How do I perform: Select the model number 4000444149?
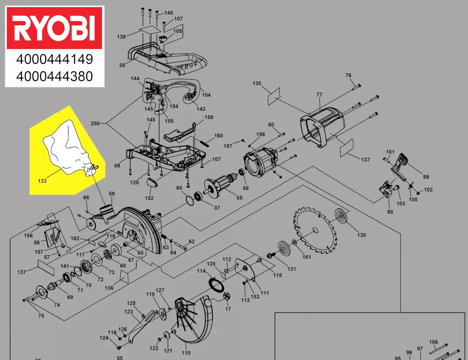54,59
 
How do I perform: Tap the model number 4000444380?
54,76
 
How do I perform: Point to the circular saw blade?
315,230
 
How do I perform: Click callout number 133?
42,181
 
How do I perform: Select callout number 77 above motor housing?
319,94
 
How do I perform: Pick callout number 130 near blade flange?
362,235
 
